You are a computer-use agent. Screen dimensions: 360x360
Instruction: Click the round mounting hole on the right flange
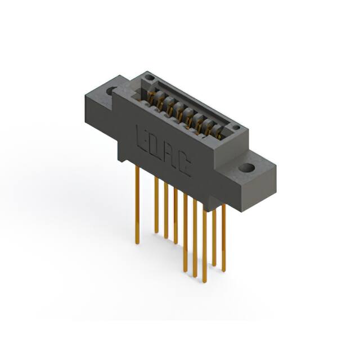click(246, 168)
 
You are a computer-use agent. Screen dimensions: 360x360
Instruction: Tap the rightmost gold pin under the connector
click(223, 236)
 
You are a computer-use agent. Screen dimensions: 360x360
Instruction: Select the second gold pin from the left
click(156, 202)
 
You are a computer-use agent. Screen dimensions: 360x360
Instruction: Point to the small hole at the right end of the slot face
click(237, 128)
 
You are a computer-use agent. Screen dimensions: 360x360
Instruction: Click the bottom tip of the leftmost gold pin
click(137, 242)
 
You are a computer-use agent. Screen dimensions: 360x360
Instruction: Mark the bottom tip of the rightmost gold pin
click(223, 270)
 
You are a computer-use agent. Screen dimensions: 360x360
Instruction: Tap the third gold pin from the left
click(166, 208)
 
